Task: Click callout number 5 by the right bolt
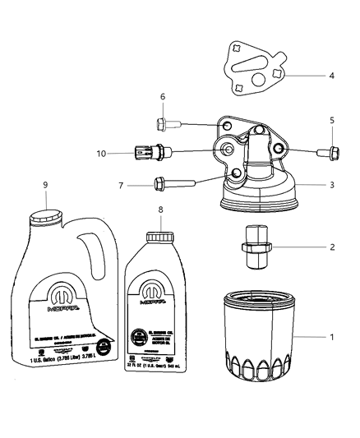[331, 121]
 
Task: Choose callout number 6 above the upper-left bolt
[162, 97]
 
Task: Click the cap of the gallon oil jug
[46, 217]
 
